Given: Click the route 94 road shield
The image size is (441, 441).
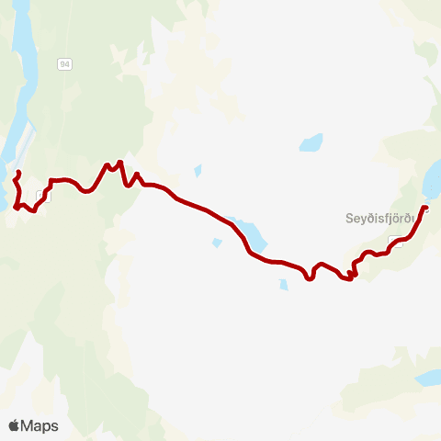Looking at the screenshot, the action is pyautogui.click(x=63, y=63).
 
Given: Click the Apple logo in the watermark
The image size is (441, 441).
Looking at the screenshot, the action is pyautogui.click(x=14, y=425).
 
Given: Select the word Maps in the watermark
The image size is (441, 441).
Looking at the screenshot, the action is pyautogui.click(x=40, y=425).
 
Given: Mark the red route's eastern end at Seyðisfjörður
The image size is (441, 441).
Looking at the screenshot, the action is pyautogui.click(x=425, y=208).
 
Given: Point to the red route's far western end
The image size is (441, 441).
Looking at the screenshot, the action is pyautogui.click(x=19, y=173).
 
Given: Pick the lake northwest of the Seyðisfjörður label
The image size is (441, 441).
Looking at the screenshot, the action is pyautogui.click(x=311, y=143).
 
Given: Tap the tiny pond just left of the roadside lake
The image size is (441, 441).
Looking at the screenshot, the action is pyautogui.click(x=216, y=243).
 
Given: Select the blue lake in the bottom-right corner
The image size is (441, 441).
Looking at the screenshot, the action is pyautogui.click(x=428, y=378).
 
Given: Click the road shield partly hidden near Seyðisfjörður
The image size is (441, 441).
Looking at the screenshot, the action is pyautogui.click(x=395, y=241).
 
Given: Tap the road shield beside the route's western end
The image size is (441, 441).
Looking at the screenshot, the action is pyautogui.click(x=41, y=196).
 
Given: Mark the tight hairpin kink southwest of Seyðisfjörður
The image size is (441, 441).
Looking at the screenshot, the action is pyautogui.click(x=351, y=274).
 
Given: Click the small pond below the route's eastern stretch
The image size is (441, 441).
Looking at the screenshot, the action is pyautogui.click(x=283, y=284).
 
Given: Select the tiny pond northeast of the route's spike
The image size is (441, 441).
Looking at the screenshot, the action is pyautogui.click(x=198, y=170).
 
